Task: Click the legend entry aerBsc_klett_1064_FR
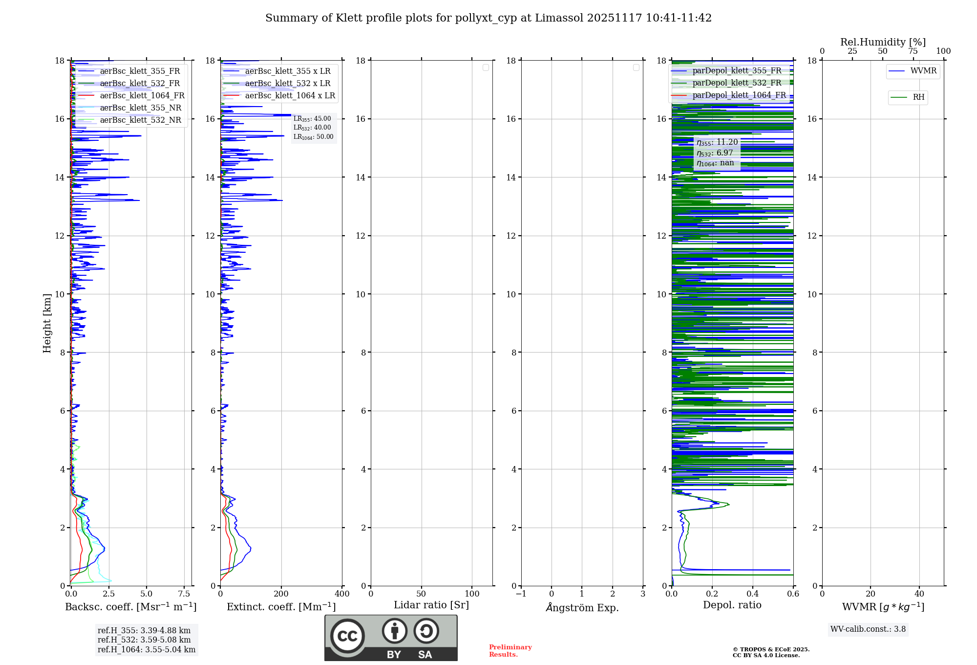coord(142,96)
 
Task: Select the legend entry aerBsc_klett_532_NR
coord(140,120)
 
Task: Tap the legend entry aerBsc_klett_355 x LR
coord(288,71)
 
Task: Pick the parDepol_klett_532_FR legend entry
coord(737,83)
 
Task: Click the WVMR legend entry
coord(923,71)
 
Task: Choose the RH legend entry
coord(918,97)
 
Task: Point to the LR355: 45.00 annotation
coord(312,119)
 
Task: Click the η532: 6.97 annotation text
coord(715,153)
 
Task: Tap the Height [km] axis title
coord(47,323)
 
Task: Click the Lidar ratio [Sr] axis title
coord(431,605)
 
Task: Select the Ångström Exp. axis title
coord(582,608)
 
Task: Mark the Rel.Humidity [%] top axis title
coord(883,42)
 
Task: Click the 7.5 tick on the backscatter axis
coord(184,594)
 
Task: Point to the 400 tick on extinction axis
coord(342,594)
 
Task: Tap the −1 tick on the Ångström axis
coord(521,594)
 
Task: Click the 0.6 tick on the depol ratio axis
coord(793,594)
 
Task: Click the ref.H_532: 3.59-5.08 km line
coord(144,640)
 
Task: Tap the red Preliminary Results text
coord(510,651)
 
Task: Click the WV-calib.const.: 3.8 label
coord(868,629)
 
